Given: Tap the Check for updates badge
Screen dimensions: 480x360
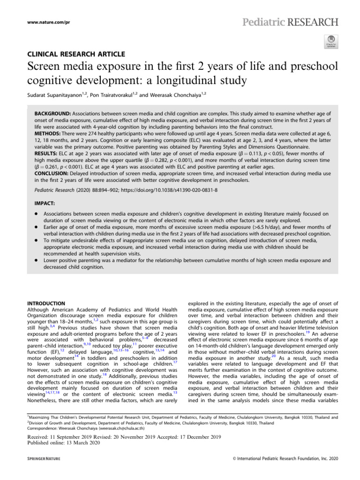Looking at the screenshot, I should (330, 41).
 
